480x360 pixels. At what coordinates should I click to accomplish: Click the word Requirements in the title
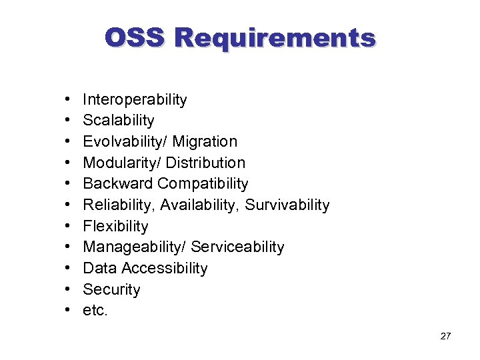pos(275,37)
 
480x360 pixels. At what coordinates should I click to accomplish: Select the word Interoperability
pos(135,100)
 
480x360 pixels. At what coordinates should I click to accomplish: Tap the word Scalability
pos(118,121)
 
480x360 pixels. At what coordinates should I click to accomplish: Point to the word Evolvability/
pos(125,142)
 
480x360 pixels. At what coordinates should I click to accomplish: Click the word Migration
pos(205,142)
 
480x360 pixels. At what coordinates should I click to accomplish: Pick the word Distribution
pos(205,163)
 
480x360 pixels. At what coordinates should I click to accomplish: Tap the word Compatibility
pos(203,184)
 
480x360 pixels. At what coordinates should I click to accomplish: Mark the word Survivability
pos(287,205)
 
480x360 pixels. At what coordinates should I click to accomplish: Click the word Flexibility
pos(115,227)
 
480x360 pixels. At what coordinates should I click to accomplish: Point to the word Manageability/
pos(135,247)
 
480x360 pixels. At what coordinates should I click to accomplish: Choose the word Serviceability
pos(237,247)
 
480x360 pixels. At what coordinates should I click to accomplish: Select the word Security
pos(111,290)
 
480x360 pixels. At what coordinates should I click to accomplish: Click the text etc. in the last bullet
pos(95,311)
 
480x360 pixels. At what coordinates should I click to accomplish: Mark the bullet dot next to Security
pos(70,290)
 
